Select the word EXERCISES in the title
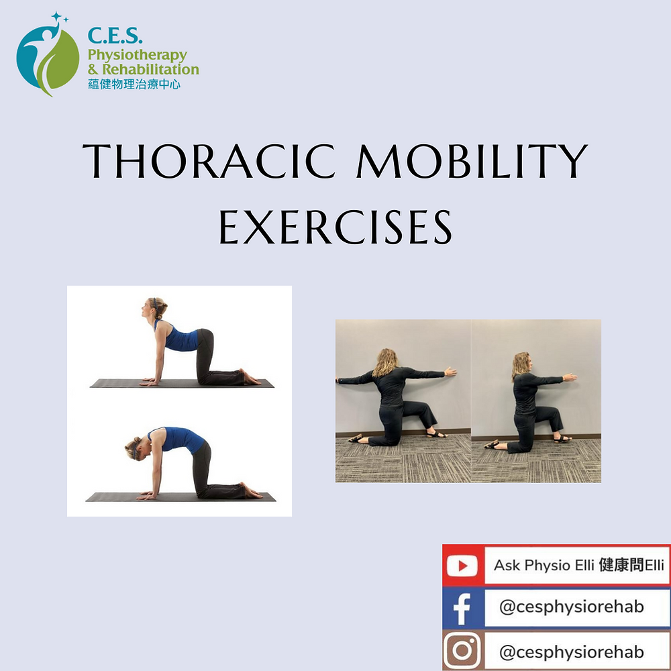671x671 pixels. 335,229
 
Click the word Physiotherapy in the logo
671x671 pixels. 137,55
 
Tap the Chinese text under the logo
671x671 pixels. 134,85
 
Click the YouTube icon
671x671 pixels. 464,566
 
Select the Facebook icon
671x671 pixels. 462,608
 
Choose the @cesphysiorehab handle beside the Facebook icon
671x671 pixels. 571,607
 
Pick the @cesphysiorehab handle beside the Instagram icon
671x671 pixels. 571,652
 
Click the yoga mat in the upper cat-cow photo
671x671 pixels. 182,383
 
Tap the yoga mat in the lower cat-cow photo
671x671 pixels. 180,497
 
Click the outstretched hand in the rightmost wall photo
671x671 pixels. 569,376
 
